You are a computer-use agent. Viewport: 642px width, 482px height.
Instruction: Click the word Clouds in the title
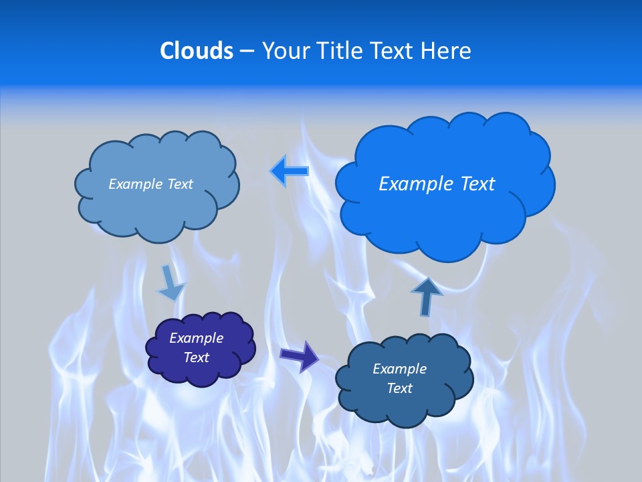pyautogui.click(x=197, y=51)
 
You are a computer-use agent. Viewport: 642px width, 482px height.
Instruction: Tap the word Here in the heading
pyautogui.click(x=445, y=51)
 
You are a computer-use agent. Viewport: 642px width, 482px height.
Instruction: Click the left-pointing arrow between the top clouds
pyautogui.click(x=290, y=171)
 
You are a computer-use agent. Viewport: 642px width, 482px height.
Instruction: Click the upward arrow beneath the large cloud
pyautogui.click(x=427, y=296)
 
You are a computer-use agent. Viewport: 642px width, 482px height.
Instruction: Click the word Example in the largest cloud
pyautogui.click(x=414, y=184)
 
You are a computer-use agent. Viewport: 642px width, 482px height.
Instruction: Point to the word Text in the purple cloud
pyautogui.click(x=197, y=357)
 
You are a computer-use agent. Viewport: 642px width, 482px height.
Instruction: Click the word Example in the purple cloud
pyautogui.click(x=197, y=338)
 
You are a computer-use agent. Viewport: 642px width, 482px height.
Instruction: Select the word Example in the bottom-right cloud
pyautogui.click(x=399, y=369)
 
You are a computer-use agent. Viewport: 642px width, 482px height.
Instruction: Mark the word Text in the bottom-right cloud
pyautogui.click(x=399, y=388)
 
